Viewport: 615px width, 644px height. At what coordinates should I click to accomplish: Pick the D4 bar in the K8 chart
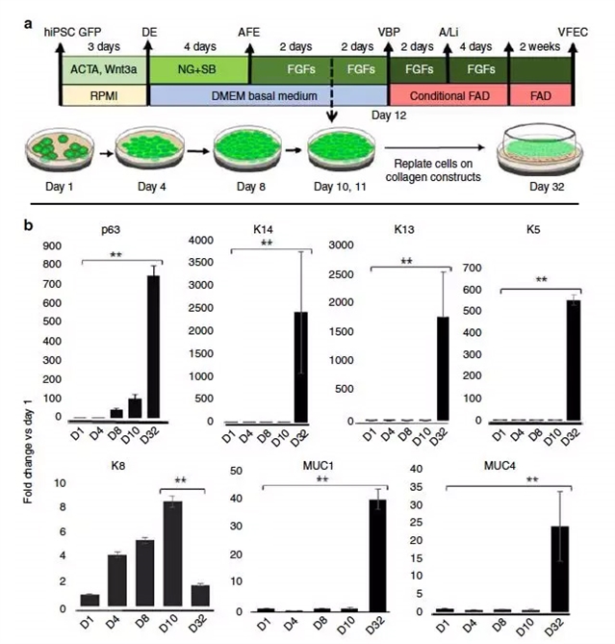[116, 582]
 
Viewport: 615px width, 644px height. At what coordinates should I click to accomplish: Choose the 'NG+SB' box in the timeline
[197, 69]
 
